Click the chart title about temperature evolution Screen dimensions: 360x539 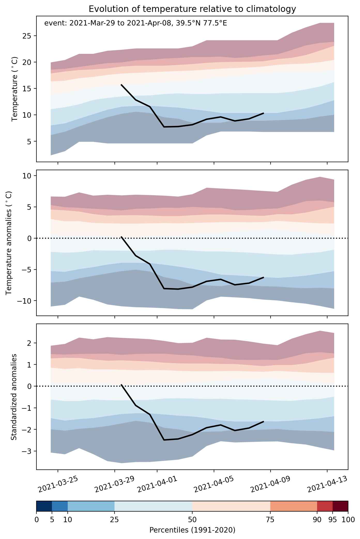click(x=192, y=9)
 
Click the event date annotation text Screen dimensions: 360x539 click(x=136, y=23)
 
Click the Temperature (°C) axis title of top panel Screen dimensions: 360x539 click(x=15, y=89)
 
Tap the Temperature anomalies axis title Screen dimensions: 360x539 click(x=9, y=243)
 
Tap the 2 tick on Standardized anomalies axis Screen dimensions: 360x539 click(x=29, y=343)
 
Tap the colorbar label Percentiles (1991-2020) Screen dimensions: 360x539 click(x=192, y=530)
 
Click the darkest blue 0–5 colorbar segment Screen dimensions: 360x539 click(x=44, y=506)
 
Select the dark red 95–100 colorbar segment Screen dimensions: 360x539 click(x=340, y=506)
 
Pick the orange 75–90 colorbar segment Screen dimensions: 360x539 click(x=294, y=506)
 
